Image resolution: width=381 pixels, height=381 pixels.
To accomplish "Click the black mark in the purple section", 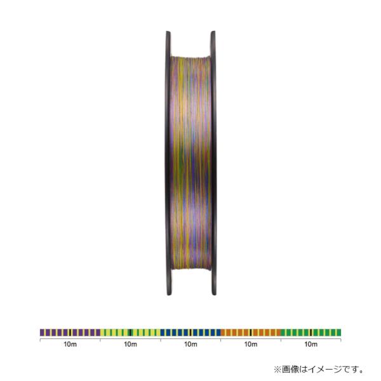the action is coord(70,332).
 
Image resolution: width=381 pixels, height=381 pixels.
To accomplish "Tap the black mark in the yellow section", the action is coord(130,332).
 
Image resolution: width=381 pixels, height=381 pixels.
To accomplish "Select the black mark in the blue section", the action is coord(190,332).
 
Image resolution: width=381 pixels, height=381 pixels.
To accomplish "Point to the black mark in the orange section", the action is coord(251,332).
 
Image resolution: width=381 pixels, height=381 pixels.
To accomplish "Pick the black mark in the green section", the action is coord(311,332).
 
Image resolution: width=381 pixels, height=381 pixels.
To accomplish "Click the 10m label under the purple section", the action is coord(70,344).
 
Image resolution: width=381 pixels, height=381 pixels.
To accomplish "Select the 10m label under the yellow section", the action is coord(130,344).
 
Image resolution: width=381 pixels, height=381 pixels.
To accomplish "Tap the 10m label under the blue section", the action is coord(190,344).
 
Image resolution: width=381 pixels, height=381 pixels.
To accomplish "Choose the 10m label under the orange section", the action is coord(251,344).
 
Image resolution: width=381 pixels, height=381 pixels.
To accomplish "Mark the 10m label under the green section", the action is coord(311,344).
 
